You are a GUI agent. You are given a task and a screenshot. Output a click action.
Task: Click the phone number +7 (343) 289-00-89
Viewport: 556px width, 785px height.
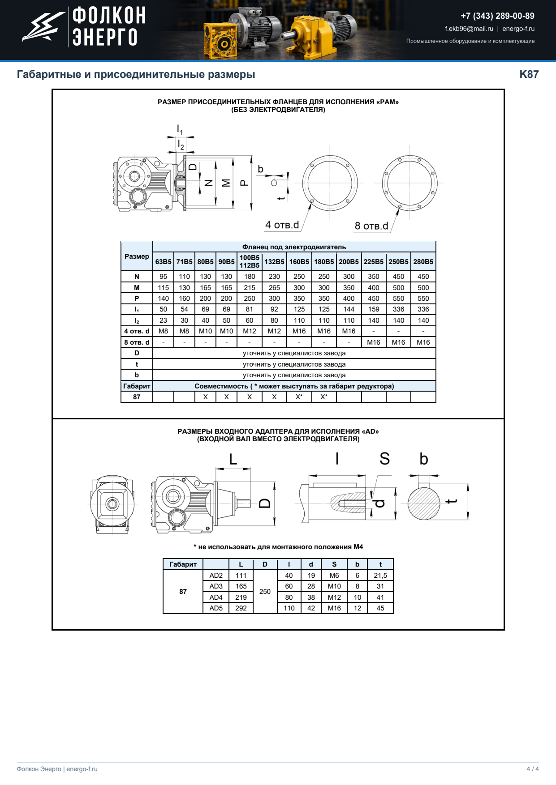pos(497,16)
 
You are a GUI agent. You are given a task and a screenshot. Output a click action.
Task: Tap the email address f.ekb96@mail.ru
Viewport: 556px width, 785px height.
pos(469,29)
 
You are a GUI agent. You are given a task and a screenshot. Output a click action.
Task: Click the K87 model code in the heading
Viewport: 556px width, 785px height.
pos(529,74)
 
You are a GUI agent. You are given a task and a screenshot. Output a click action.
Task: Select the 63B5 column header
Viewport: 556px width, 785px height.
pos(163,262)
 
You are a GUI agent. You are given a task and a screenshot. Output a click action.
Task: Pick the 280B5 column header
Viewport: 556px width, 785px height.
pos(423,262)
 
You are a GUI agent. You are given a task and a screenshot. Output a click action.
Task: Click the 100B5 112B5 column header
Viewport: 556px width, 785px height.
pos(250,261)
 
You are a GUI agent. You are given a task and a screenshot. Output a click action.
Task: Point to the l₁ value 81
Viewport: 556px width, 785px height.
pos(250,309)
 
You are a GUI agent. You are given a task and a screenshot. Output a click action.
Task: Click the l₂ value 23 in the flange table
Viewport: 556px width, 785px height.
pos(163,320)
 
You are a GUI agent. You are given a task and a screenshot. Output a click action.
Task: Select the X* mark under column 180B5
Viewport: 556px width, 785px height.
pos(324,397)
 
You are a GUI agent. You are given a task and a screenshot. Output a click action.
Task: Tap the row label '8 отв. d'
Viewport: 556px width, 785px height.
pos(137,342)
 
